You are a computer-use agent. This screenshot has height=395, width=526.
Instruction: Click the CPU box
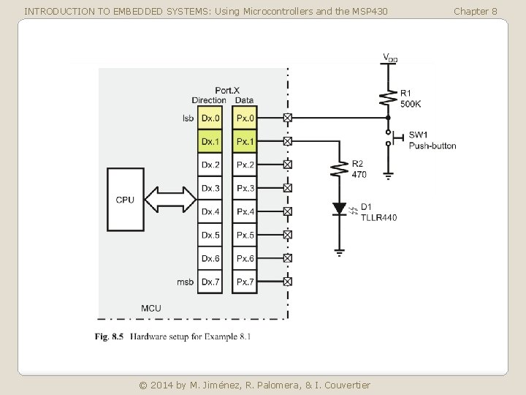(x=125, y=200)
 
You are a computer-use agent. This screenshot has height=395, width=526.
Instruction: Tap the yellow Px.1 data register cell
(x=245, y=141)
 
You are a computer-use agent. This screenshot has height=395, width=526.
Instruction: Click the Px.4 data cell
(x=245, y=211)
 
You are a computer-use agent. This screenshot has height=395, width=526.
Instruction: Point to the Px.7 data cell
(x=245, y=282)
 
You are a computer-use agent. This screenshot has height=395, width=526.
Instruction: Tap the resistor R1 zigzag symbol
(x=386, y=95)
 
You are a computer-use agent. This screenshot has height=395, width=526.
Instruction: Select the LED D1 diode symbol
(x=339, y=209)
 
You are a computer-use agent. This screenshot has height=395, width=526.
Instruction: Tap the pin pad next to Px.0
(x=287, y=118)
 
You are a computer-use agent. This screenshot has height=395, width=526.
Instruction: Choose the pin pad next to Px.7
(x=287, y=282)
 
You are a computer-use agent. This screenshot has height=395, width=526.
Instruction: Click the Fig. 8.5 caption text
(x=174, y=336)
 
